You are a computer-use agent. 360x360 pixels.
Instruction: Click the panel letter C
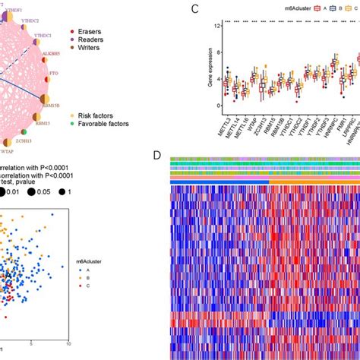[x=196, y=10]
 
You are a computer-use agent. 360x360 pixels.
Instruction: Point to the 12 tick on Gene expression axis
[x=216, y=27]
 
